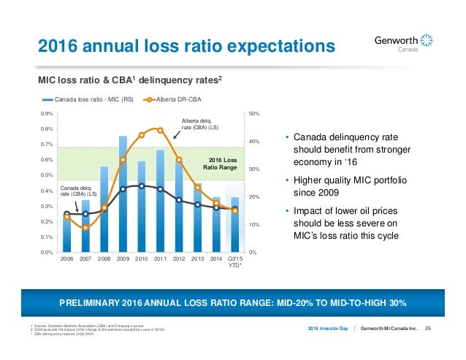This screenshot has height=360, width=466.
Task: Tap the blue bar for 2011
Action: (160, 201)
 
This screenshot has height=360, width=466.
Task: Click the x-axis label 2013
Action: (197, 259)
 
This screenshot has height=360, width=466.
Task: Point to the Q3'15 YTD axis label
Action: (235, 262)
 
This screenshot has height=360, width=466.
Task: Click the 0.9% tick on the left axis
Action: (46, 114)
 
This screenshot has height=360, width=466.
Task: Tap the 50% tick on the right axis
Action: (255, 114)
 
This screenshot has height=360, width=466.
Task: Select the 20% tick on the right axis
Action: (255, 197)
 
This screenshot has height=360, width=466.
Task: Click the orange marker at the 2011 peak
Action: (160, 130)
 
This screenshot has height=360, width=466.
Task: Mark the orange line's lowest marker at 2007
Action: (85, 227)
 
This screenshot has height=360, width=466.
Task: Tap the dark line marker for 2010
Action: (142, 186)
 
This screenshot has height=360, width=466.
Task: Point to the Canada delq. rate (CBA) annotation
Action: (77, 191)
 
